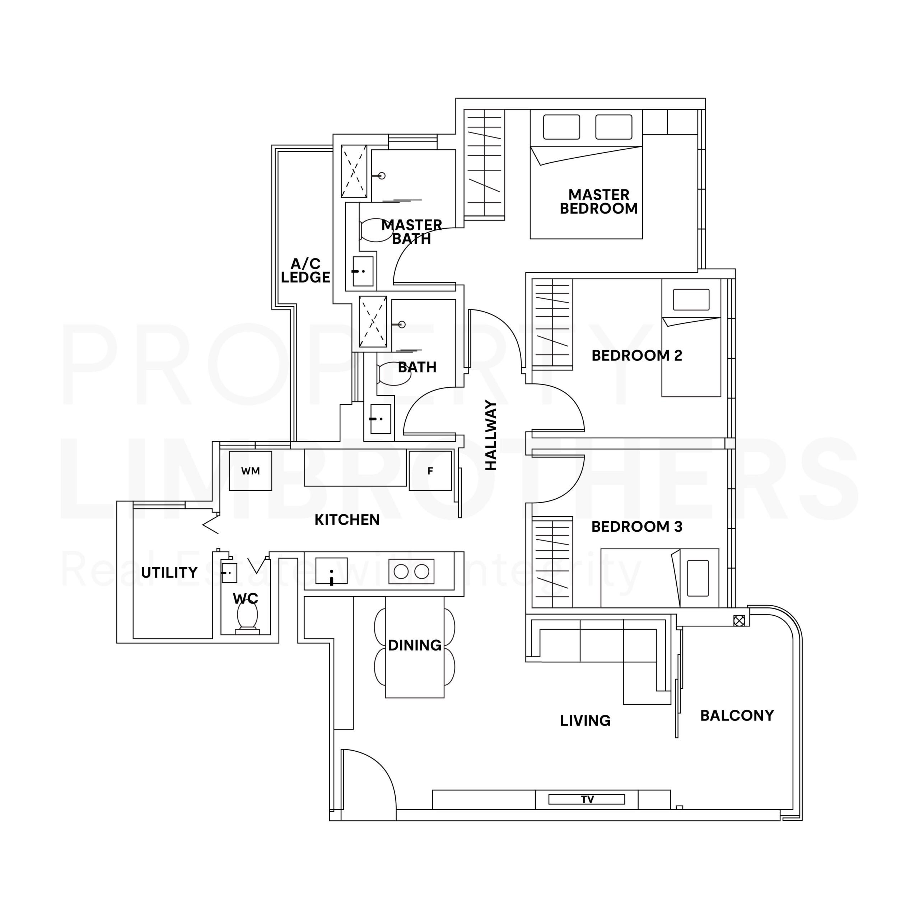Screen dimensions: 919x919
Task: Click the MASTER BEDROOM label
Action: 598,202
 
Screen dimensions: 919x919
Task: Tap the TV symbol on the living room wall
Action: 587,799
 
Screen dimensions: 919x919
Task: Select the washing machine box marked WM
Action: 250,471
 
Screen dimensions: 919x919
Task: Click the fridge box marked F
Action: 430,471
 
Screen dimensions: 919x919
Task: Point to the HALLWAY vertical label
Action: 491,435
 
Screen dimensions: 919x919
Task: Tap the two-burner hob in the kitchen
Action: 411,571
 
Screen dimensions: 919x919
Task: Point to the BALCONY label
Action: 737,715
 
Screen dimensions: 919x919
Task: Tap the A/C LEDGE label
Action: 305,270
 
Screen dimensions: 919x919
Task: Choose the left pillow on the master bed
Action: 561,127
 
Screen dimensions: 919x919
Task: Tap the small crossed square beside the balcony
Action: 739,620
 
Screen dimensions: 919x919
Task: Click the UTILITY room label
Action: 169,572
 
